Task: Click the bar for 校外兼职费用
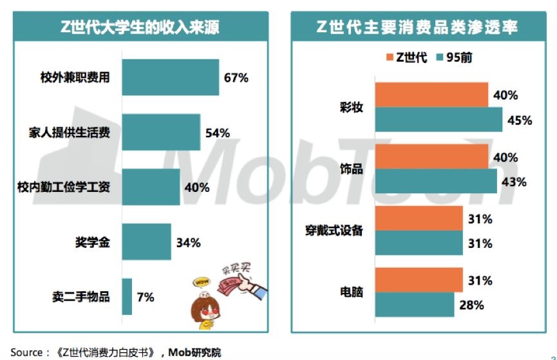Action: click(x=170, y=77)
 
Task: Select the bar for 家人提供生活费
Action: click(x=161, y=132)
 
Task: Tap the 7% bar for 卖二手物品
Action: click(x=127, y=297)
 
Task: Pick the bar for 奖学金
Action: click(x=146, y=242)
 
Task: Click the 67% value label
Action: click(x=236, y=78)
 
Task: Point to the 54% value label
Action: click(x=217, y=133)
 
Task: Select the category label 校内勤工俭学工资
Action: click(x=63, y=187)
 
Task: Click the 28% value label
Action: click(x=471, y=305)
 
